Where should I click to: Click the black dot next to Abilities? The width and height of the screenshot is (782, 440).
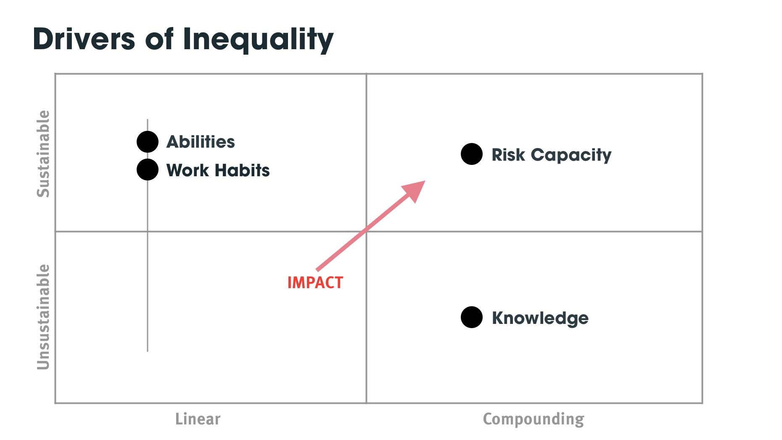tap(148, 142)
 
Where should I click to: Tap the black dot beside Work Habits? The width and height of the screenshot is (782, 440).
tap(148, 170)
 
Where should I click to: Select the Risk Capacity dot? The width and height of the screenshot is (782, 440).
tap(472, 154)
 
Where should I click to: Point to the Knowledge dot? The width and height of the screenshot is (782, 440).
tap(472, 318)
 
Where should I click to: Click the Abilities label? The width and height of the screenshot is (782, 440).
tap(201, 142)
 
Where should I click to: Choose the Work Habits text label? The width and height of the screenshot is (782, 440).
tap(218, 170)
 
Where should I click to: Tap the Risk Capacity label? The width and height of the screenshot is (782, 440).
tap(551, 155)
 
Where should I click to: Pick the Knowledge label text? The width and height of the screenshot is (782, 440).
tap(540, 318)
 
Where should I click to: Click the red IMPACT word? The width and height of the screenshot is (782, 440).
tap(315, 283)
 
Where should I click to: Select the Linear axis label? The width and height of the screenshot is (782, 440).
tap(198, 419)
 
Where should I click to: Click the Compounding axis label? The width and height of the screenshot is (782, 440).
tap(533, 419)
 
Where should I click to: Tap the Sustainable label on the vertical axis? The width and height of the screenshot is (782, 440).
tap(43, 154)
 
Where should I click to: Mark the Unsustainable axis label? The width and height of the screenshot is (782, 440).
tap(43, 317)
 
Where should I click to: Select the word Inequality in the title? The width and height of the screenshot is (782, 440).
tap(258, 40)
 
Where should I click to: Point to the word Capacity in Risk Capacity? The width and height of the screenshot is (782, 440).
tap(571, 155)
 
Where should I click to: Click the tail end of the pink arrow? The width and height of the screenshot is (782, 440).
tap(317, 270)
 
